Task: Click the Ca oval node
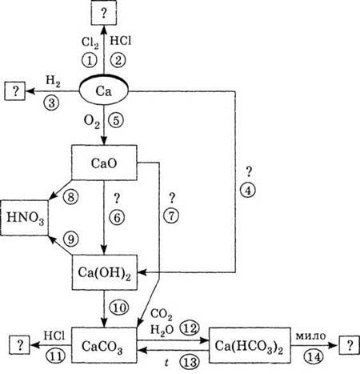104,90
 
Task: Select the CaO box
104,163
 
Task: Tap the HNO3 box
25,218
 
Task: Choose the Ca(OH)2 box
105,272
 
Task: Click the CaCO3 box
104,345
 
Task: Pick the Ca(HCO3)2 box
250,345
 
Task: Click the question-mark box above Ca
104,13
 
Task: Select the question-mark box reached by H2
15,91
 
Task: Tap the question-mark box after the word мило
349,345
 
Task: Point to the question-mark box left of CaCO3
20,345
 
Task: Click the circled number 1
89,60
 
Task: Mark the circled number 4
248,191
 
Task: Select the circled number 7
171,215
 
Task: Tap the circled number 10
119,308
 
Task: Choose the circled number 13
190,362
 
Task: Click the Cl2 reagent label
90,42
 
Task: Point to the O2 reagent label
92,123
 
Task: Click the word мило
310,336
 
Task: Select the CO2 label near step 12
162,315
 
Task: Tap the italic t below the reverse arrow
167,363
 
